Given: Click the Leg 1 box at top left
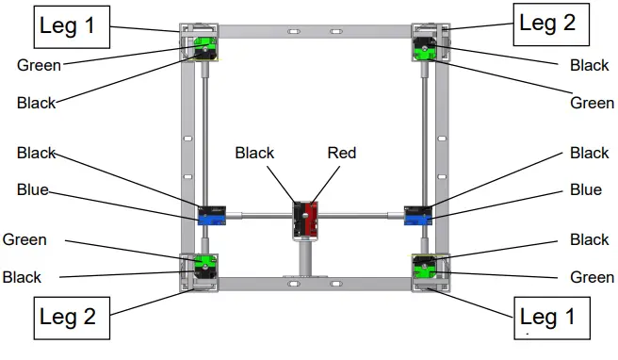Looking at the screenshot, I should tap(67, 26).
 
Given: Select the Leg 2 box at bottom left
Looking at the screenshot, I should tap(68, 317).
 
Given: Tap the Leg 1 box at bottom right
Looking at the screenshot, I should tap(553, 316).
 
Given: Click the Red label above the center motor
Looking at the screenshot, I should tap(342, 153).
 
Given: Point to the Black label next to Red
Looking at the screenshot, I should tap(254, 153).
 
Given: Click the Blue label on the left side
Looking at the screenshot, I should tap(32, 189).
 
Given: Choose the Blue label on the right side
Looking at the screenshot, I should tap(586, 189).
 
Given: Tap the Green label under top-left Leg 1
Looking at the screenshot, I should tap(40, 66).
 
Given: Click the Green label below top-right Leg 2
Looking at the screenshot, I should tap(592, 103).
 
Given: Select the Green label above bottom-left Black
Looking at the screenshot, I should tap(25, 239).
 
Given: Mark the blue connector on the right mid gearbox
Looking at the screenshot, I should tap(415, 219).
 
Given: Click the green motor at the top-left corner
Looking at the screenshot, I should tap(203, 45).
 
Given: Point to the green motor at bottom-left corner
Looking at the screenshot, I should tap(201, 264).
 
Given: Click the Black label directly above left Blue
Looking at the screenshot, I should tap(37, 153).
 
